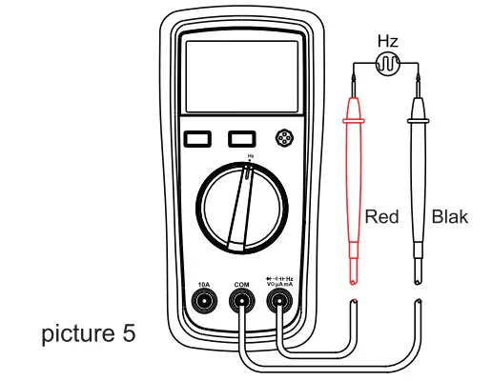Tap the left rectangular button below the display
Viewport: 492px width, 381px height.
197,139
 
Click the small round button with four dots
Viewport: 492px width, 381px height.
281,138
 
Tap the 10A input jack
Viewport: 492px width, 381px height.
203,303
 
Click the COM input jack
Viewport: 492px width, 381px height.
240,303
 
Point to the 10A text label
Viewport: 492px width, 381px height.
203,284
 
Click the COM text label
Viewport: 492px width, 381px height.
240,284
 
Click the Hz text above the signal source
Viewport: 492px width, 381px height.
388,41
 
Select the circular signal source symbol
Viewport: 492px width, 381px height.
388,64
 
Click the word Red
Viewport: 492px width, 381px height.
381,217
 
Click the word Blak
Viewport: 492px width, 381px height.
450,217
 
